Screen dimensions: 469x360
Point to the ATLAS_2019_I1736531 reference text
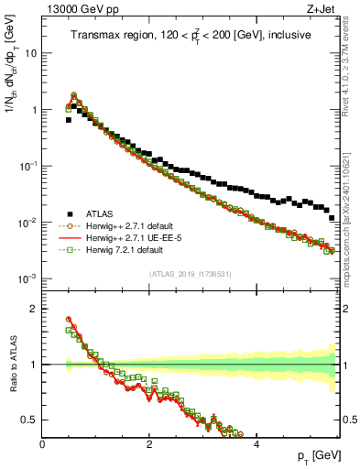[x=191, y=273]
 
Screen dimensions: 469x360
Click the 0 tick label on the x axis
[x=42, y=444]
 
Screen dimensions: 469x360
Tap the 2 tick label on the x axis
[x=149, y=444]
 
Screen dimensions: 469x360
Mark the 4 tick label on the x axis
[x=256, y=444]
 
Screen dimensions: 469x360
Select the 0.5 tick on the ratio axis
[x=28, y=420]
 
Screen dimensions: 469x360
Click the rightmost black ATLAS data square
[x=332, y=218]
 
